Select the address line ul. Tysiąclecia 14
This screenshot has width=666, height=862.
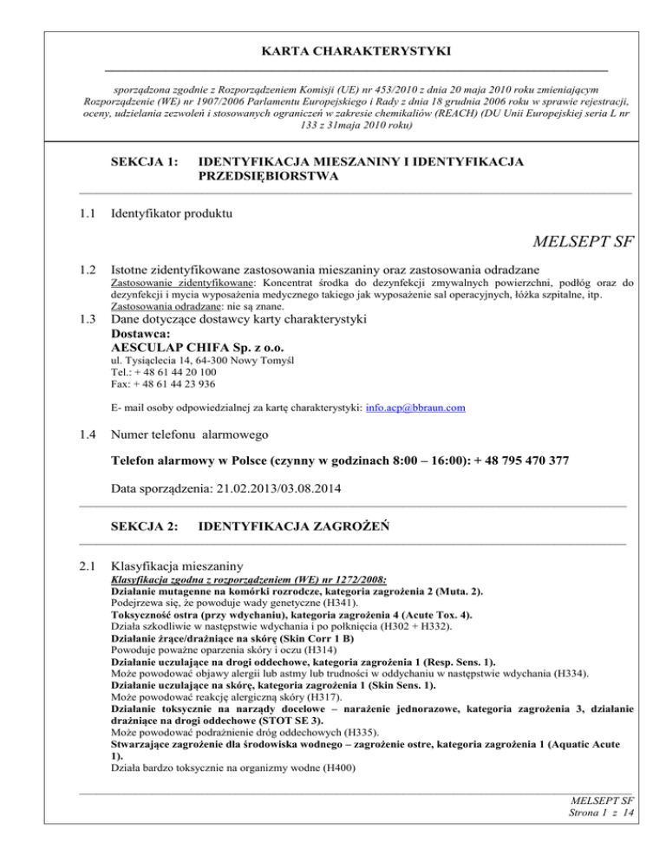[x=160, y=359]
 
